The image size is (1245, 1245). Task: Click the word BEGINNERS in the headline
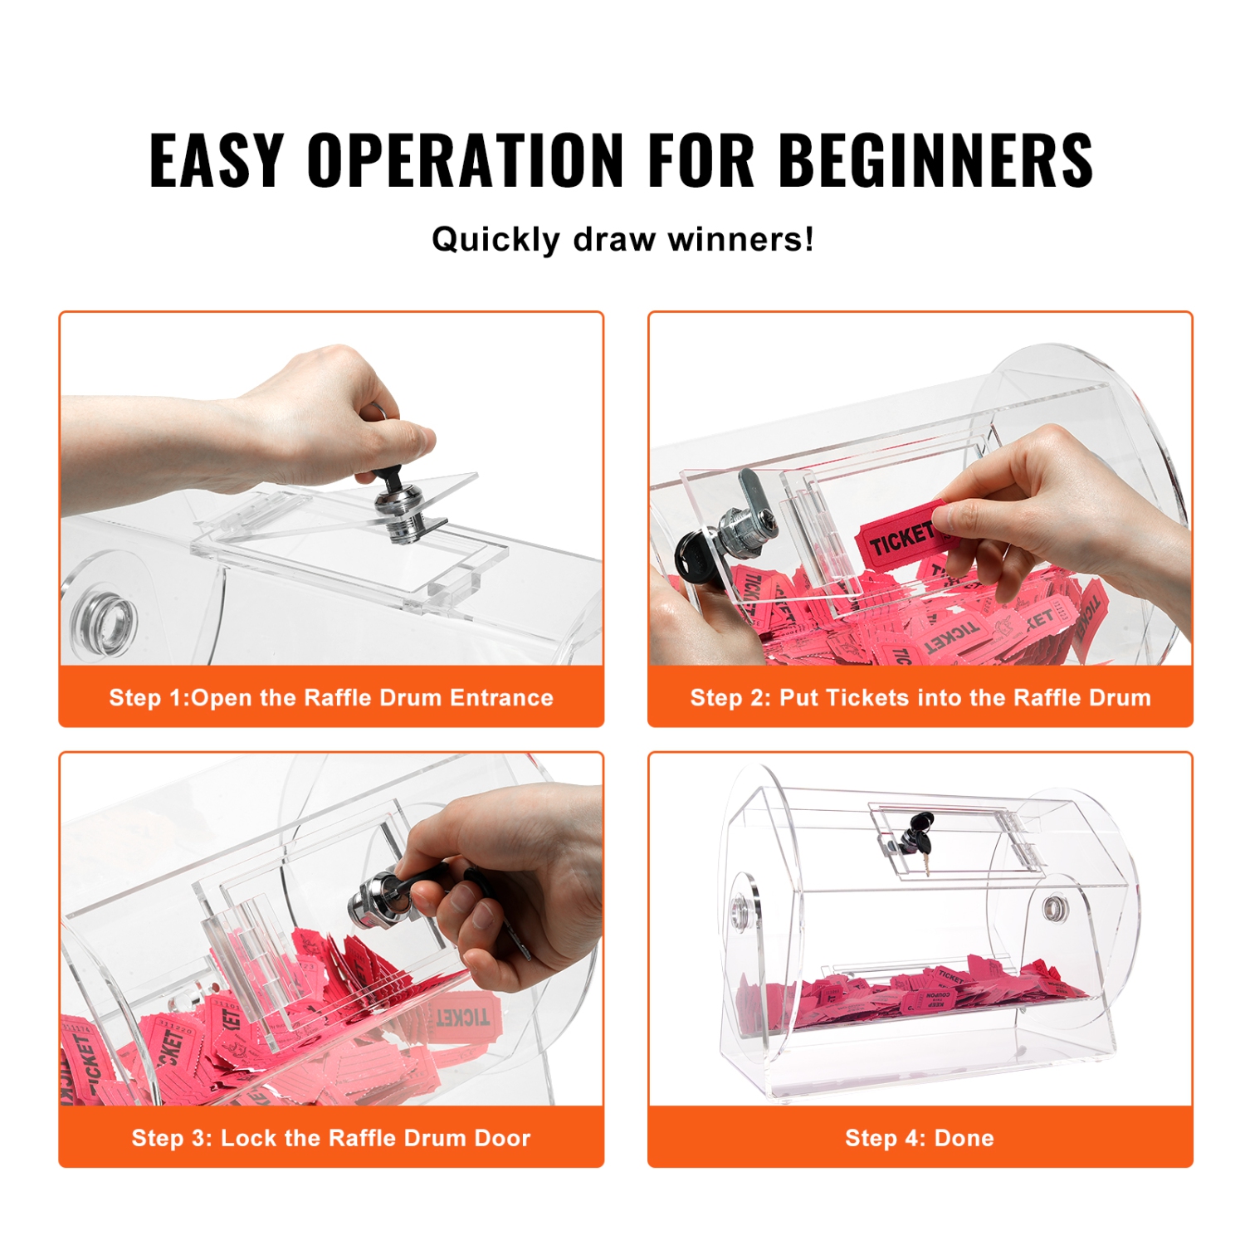tap(935, 159)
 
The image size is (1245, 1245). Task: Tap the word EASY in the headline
tap(217, 159)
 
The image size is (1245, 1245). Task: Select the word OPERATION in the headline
tap(465, 159)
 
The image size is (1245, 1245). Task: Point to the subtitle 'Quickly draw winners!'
tap(622, 240)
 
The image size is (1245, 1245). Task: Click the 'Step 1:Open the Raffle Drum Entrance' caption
tap(331, 697)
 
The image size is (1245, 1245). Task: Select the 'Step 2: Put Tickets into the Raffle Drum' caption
tap(920, 697)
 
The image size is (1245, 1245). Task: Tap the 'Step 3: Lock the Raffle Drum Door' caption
tap(331, 1138)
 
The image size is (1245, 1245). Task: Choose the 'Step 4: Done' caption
tap(920, 1138)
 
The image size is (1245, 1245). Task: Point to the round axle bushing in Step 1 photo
tap(105, 620)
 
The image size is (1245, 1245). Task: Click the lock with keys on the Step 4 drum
tap(913, 838)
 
